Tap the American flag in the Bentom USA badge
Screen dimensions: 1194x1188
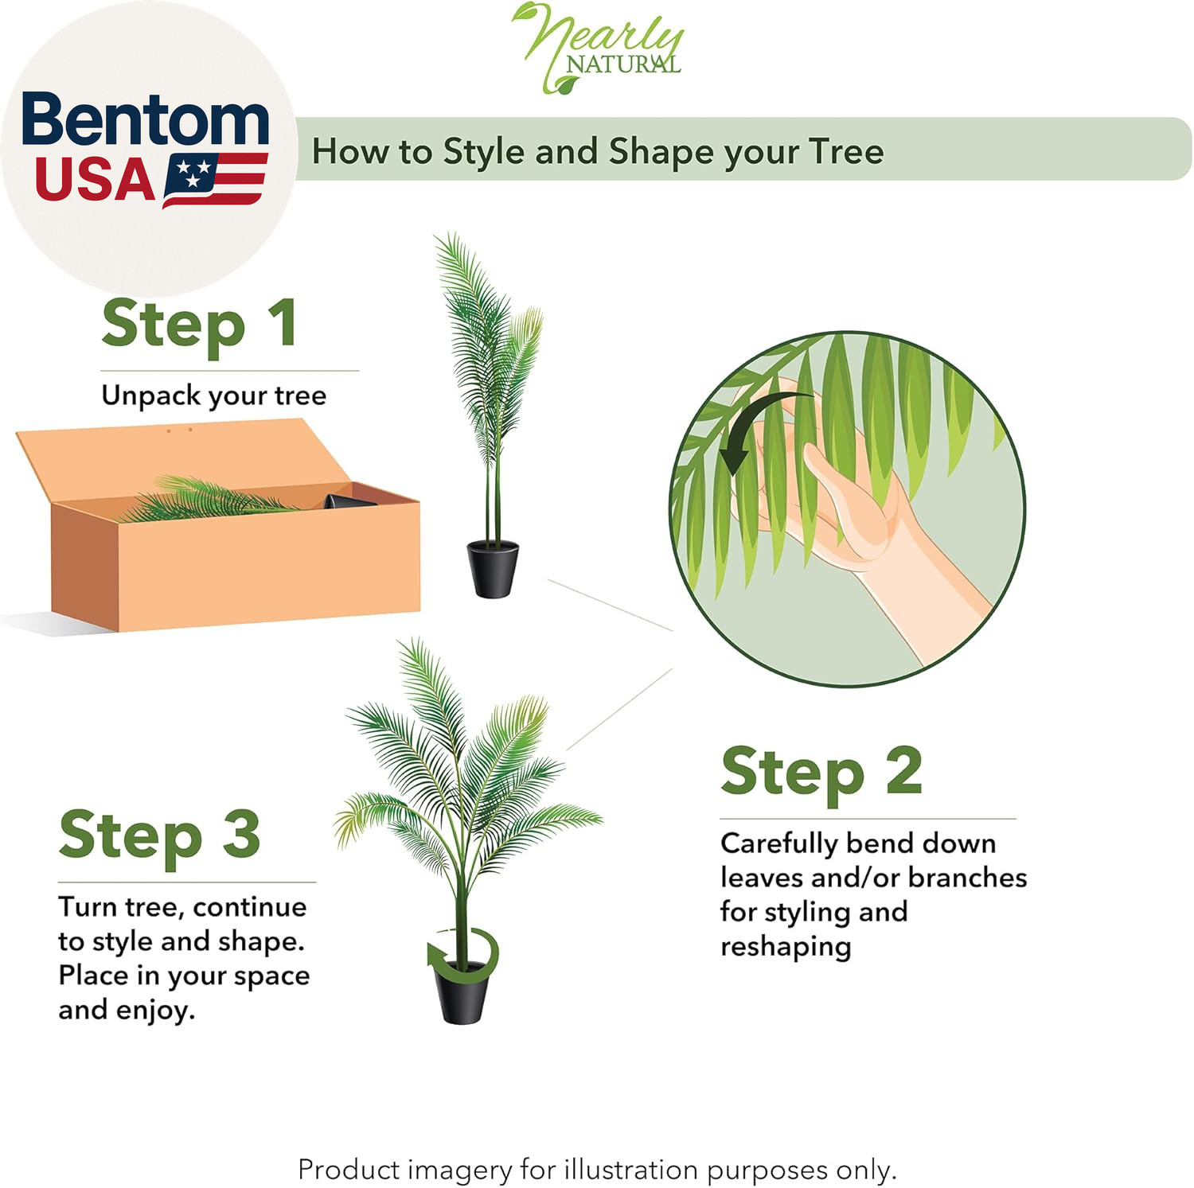(x=215, y=181)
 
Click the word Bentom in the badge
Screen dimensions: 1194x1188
(x=146, y=119)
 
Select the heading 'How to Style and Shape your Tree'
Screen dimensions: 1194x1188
(x=598, y=151)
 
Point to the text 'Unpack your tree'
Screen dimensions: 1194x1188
(x=214, y=396)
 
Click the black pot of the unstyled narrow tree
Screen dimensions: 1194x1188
(x=493, y=568)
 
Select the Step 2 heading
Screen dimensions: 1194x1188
(x=821, y=771)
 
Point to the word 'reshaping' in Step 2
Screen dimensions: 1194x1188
(x=786, y=947)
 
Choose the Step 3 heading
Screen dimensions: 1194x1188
(x=160, y=835)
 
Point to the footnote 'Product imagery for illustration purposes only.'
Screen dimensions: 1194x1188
(x=597, y=1170)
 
